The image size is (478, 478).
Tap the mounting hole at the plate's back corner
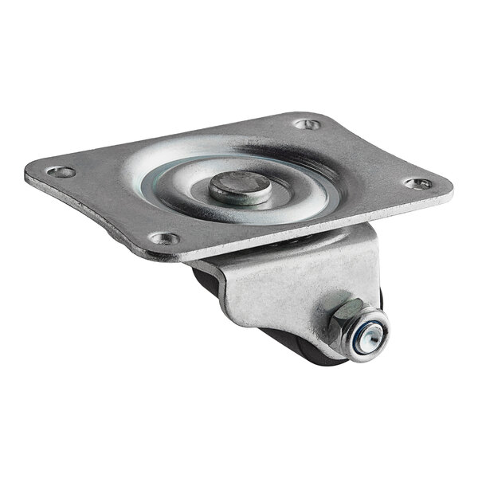tap(307, 124)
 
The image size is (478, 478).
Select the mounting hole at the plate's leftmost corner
tap(61, 171)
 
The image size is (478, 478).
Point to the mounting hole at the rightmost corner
tap(417, 183)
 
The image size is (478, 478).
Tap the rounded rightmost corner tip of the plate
tap(450, 191)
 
